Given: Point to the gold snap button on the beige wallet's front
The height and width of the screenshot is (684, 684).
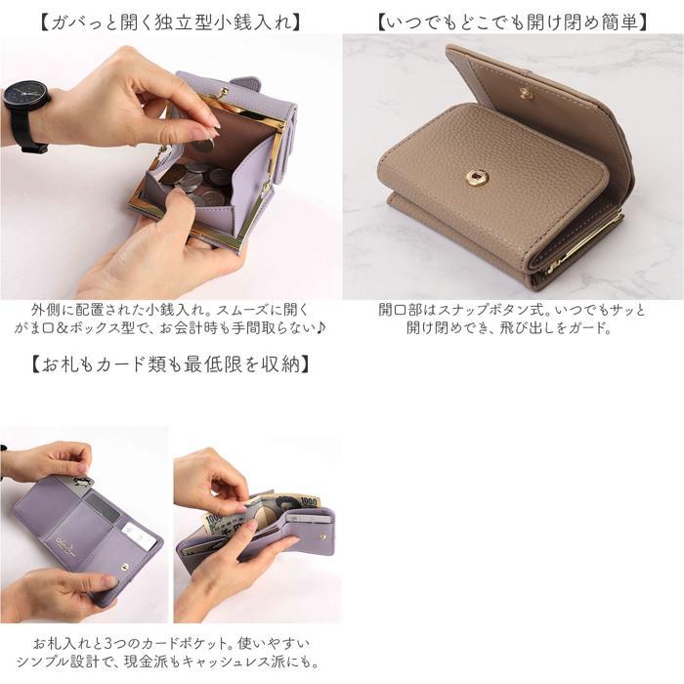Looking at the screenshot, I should coord(477,177).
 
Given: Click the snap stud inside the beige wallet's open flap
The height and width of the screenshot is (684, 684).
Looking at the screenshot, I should coord(526,94).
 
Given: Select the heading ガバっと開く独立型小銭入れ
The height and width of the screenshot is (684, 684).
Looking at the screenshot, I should coord(171,20).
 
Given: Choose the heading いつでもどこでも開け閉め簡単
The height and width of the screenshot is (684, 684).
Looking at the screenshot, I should coord(513,20).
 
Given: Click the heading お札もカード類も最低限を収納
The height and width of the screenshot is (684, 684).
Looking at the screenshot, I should coord(171,364).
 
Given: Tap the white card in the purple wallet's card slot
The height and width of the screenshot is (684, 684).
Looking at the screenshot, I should coord(139,534).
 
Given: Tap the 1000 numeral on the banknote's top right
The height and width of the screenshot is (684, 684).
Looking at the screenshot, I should coord(307,500).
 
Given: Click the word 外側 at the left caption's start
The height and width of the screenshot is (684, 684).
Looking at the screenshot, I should coord(43,310).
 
